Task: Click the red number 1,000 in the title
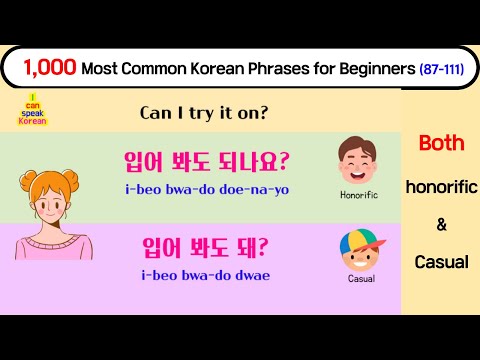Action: (x=45, y=68)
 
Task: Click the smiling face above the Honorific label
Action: (x=358, y=159)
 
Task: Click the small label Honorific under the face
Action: (x=358, y=195)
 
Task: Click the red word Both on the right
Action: (x=441, y=143)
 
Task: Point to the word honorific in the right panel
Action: (x=441, y=186)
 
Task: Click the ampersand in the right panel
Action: (x=441, y=224)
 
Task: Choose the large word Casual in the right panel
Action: (x=441, y=262)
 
